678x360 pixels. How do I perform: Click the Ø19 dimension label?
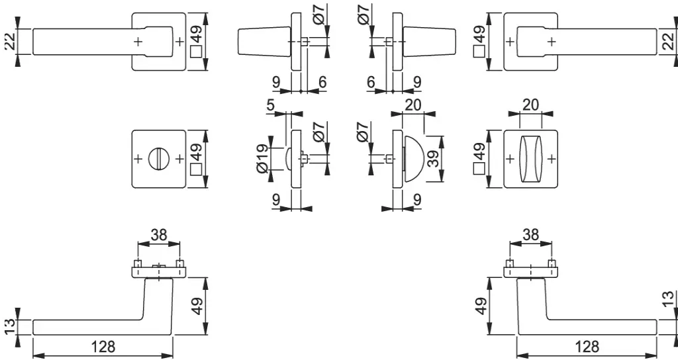[x=262, y=159]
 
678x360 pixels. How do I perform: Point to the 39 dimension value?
[x=433, y=159]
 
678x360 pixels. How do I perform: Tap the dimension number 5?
[x=271, y=105]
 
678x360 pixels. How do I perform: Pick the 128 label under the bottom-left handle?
[x=103, y=346]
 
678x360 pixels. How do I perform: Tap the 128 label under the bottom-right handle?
[x=588, y=346]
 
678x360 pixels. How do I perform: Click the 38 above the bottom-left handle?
[x=159, y=235]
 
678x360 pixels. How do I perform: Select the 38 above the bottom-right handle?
[x=530, y=235]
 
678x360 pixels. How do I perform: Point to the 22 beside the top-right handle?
[x=669, y=42]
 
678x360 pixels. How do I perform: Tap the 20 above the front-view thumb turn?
[x=530, y=105]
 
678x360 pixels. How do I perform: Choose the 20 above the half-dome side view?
[x=413, y=105]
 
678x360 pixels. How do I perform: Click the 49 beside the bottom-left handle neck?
[x=197, y=306]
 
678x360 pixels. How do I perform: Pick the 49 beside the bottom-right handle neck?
[x=481, y=306]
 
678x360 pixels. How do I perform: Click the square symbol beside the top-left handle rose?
[x=197, y=52]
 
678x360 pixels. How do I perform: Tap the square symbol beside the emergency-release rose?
[x=197, y=169]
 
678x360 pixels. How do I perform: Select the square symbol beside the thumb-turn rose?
[x=479, y=169]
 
